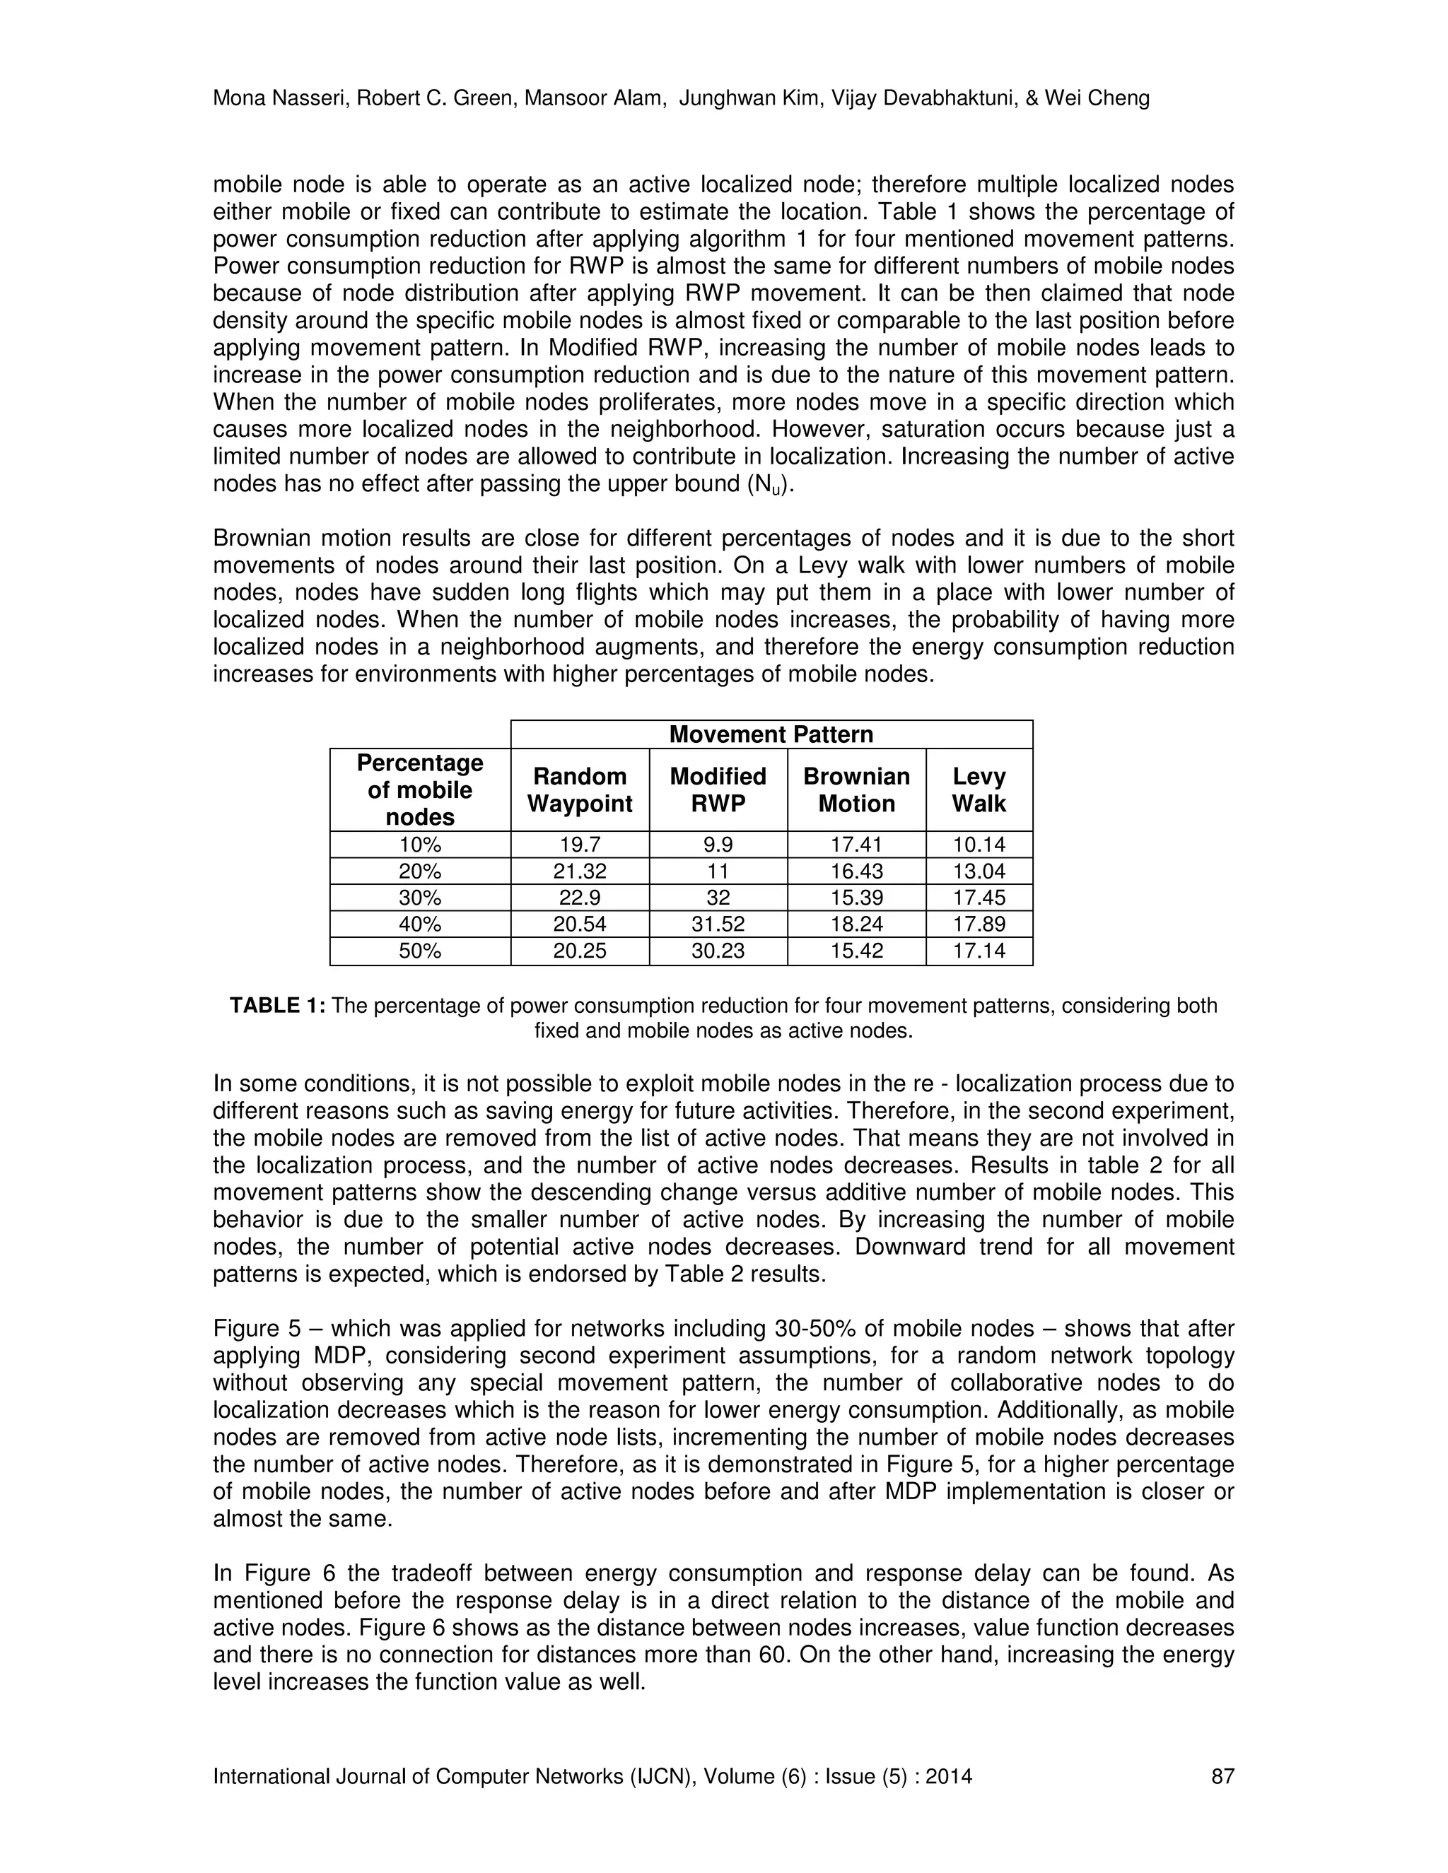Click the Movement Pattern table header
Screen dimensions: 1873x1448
click(771, 734)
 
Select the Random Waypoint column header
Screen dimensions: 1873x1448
click(579, 790)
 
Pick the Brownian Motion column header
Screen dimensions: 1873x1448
click(856, 790)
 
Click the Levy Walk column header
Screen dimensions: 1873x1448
click(979, 790)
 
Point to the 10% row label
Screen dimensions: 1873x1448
click(419, 845)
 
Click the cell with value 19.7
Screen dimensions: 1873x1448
click(579, 845)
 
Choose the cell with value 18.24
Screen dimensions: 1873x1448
click(856, 924)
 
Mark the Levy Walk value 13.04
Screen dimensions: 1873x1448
click(979, 871)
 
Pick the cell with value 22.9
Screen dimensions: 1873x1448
click(579, 898)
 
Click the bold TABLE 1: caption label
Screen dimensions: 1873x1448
click(277, 1006)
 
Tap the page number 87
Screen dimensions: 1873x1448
click(1222, 1776)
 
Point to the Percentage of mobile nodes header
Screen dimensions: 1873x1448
click(419, 790)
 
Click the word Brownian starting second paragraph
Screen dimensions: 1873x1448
click(262, 539)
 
